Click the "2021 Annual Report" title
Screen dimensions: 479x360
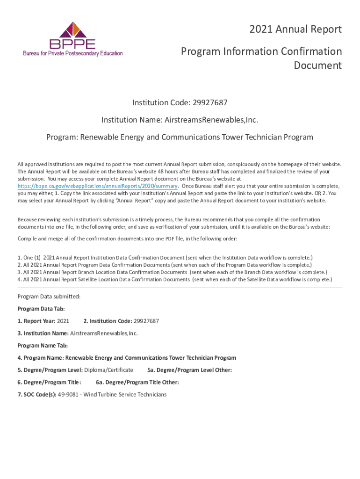(x=295, y=29)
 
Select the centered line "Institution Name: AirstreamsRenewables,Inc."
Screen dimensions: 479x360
(x=180, y=120)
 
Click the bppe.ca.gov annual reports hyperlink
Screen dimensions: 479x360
(x=97, y=186)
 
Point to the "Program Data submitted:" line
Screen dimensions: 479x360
(x=49, y=297)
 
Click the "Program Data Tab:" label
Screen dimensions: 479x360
(x=41, y=309)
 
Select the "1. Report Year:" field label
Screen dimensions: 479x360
(x=36, y=321)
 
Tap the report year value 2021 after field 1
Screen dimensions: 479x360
(x=63, y=321)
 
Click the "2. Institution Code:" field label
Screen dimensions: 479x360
(x=107, y=321)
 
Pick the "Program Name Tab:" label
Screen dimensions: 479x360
(x=43, y=346)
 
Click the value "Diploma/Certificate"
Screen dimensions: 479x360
(x=108, y=370)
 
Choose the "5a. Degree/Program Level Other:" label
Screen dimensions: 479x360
(x=189, y=370)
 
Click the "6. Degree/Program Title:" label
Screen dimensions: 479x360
(x=49, y=382)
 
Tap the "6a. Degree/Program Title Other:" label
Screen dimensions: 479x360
(x=137, y=382)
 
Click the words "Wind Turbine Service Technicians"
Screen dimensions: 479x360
(x=125, y=394)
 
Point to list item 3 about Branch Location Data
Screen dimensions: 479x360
(x=172, y=272)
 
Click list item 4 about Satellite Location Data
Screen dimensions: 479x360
(x=174, y=279)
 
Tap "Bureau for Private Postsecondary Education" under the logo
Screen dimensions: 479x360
(x=73, y=53)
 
